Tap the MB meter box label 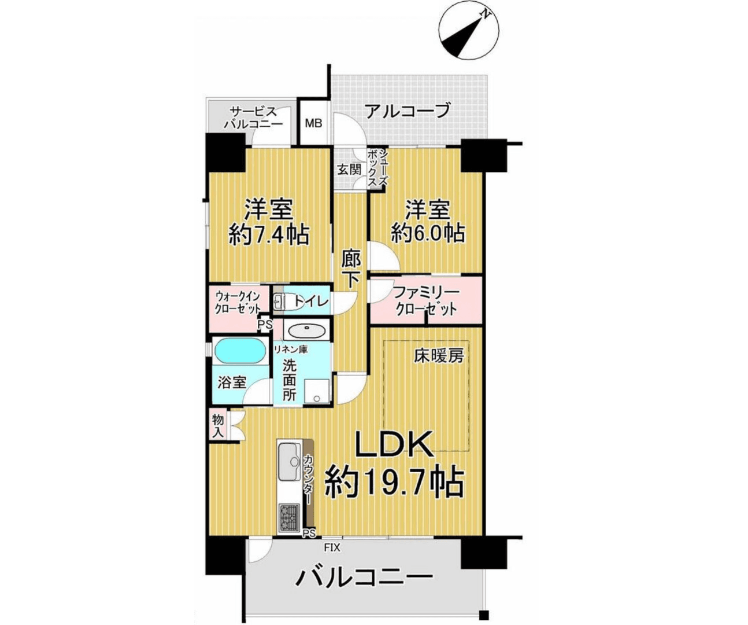click(x=313, y=123)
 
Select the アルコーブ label click(x=408, y=111)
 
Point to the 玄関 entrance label click(x=350, y=169)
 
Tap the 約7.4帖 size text click(x=269, y=234)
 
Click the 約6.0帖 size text click(x=428, y=233)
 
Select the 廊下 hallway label click(x=350, y=268)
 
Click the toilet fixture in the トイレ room click(x=279, y=301)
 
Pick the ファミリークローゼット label click(x=426, y=300)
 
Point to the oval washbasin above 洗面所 click(x=307, y=332)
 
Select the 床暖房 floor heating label click(x=439, y=356)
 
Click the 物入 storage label click(x=218, y=425)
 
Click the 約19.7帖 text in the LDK click(x=394, y=483)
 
